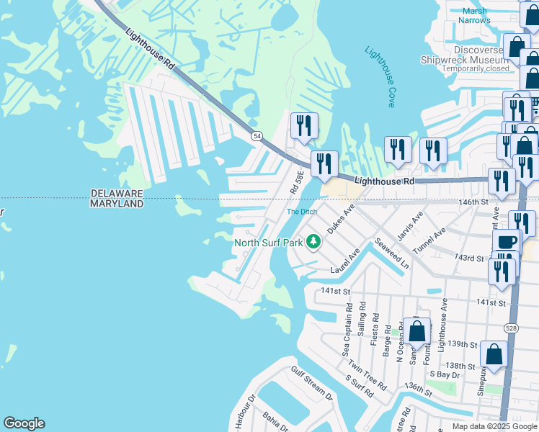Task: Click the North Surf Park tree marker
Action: point(313,241)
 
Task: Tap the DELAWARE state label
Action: point(117,194)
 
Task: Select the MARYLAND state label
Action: point(117,204)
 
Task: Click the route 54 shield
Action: point(257,135)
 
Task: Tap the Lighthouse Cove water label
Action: point(380,77)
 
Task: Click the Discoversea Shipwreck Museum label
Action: point(465,54)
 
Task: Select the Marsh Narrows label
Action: point(475,15)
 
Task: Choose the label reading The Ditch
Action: point(302,212)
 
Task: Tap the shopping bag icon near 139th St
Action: point(494,354)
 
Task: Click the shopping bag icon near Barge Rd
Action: point(417,331)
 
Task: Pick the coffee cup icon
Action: point(507,242)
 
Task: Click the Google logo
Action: point(24,423)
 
